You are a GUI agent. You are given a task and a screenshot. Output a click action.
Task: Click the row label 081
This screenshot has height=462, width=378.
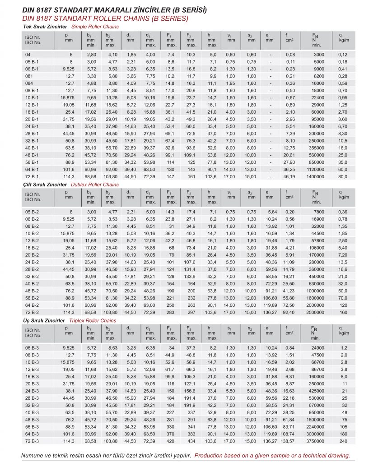coord(28,76)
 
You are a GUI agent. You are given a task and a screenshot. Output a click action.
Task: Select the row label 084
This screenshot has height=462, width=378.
coord(28,83)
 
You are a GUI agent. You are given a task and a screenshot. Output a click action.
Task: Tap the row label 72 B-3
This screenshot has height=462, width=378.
coord(32,441)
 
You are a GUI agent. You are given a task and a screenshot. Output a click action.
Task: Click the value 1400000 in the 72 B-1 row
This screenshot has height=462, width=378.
coord(315,176)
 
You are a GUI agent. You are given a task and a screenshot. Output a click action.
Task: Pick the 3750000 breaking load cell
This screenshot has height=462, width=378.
coord(315,441)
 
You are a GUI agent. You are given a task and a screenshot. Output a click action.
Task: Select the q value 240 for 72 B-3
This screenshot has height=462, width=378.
coord(344,441)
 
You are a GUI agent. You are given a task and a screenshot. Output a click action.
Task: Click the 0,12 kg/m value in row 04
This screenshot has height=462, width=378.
coord(343,55)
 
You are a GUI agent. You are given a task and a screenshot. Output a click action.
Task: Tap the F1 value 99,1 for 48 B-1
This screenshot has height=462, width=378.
coord(170,155)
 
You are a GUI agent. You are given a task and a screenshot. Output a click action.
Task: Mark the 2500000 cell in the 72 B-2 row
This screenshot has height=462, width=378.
coord(315,312)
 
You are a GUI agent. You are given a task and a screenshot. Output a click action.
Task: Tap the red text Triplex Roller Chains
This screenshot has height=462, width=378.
coord(94,321)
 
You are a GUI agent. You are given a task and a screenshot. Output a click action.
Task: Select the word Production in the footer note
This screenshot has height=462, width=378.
coord(211,455)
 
